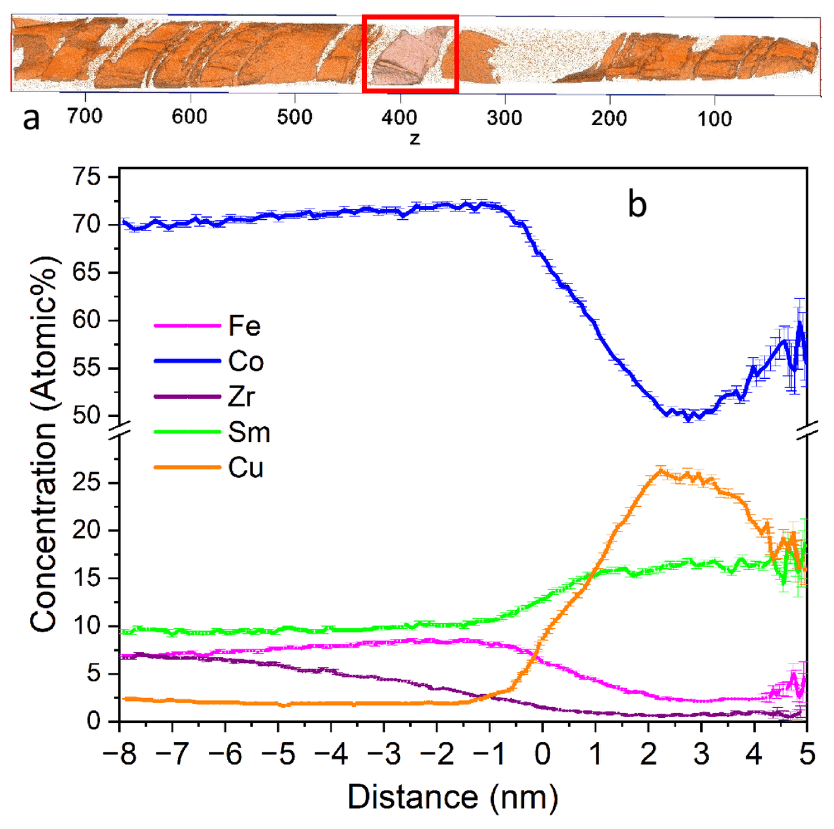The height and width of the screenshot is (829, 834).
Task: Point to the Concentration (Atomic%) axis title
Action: (43, 445)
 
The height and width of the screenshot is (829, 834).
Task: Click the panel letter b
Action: (637, 205)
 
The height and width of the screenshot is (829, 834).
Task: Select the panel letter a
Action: (31, 119)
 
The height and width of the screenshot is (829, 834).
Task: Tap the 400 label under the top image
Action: (399, 117)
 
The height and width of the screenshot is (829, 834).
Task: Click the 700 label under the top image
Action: (85, 117)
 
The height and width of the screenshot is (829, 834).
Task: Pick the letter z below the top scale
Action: (414, 138)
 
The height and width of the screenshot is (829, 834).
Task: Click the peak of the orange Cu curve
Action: (659, 471)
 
